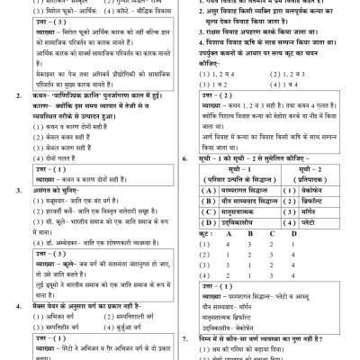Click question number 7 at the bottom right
click(189, 338)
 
